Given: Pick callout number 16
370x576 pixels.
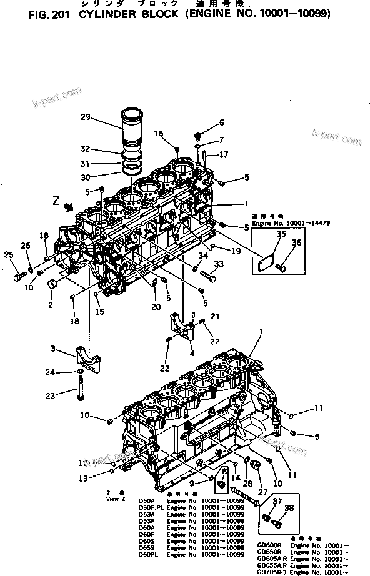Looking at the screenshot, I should [x=159, y=133].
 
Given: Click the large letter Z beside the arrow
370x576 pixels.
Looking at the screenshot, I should [x=56, y=202].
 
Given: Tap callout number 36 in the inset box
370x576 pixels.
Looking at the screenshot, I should [x=296, y=242].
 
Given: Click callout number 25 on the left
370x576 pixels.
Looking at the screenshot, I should [x=8, y=254].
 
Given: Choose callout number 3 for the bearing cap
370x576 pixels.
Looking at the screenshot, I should [x=54, y=348].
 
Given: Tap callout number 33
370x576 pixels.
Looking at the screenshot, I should [x=218, y=264].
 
